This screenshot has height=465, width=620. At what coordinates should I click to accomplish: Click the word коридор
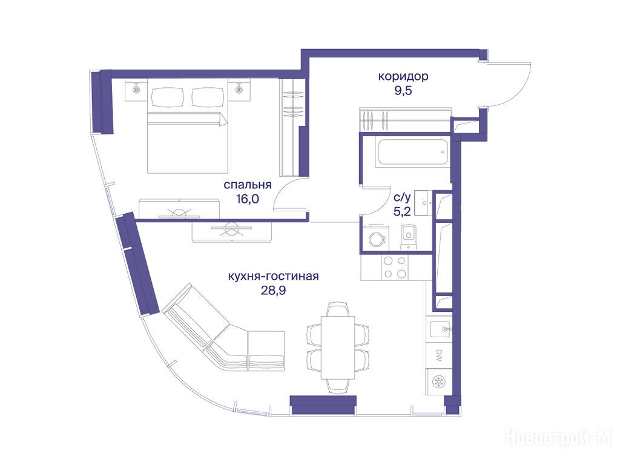403,76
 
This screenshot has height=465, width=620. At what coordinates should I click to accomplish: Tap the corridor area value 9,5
403,91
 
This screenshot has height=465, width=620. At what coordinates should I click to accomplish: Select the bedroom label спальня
248,185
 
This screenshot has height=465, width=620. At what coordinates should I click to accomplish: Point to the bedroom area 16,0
248,199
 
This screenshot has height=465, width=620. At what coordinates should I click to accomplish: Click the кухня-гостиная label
273,276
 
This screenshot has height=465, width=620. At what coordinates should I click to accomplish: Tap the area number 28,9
273,291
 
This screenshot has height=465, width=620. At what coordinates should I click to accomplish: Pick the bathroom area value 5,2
402,211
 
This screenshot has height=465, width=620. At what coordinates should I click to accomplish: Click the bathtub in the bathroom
412,152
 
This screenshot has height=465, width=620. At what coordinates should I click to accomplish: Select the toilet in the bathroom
409,237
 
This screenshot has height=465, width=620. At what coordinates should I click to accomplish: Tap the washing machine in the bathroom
376,238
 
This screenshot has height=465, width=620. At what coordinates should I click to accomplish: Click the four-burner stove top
395,267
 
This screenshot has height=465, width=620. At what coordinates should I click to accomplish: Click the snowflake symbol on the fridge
439,381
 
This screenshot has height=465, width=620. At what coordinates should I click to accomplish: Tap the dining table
337,347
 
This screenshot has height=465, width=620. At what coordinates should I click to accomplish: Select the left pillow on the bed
168,96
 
